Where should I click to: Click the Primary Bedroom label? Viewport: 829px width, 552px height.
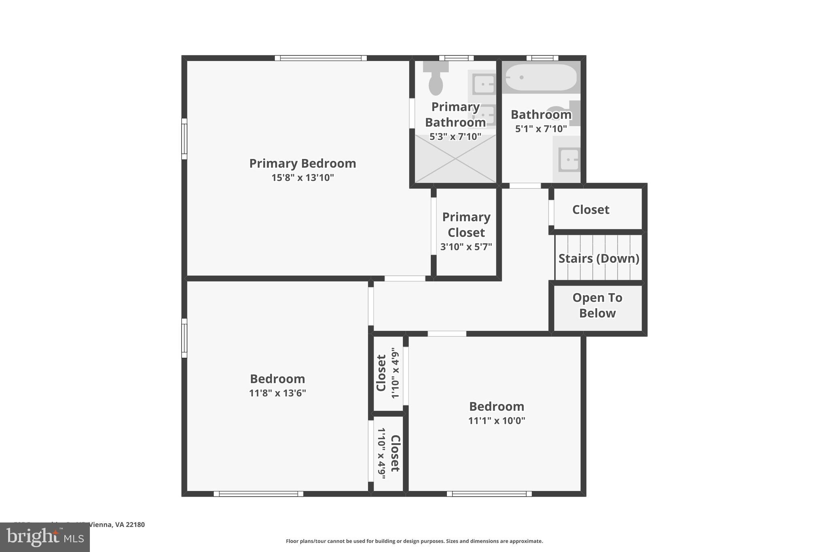(302, 163)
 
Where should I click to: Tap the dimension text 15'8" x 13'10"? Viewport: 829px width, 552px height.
(302, 178)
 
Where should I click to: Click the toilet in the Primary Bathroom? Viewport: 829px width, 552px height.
(436, 81)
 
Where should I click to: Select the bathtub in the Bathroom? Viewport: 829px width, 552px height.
(541, 77)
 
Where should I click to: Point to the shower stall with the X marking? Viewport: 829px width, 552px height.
(455, 159)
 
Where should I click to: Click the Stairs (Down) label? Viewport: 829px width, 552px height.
(598, 258)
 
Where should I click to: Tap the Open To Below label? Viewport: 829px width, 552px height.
(597, 305)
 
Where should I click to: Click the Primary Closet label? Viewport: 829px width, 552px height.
(466, 225)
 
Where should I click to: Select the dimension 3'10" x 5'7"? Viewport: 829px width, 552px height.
(466, 247)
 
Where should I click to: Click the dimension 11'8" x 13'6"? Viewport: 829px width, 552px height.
(277, 393)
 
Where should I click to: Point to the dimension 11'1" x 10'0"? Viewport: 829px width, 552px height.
(496, 421)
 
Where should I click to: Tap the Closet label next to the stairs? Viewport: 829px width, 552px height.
(590, 209)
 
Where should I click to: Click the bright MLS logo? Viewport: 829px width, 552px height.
(45, 537)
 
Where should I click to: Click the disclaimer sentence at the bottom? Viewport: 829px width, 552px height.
(414, 541)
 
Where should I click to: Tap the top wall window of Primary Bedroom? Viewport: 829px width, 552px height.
(321, 58)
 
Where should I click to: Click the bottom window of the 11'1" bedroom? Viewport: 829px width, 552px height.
(489, 493)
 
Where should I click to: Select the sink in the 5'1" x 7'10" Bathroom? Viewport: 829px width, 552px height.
(569, 159)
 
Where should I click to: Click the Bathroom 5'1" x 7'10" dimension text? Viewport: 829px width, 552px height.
(541, 129)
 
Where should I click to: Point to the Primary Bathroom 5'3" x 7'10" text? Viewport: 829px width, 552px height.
(455, 137)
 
